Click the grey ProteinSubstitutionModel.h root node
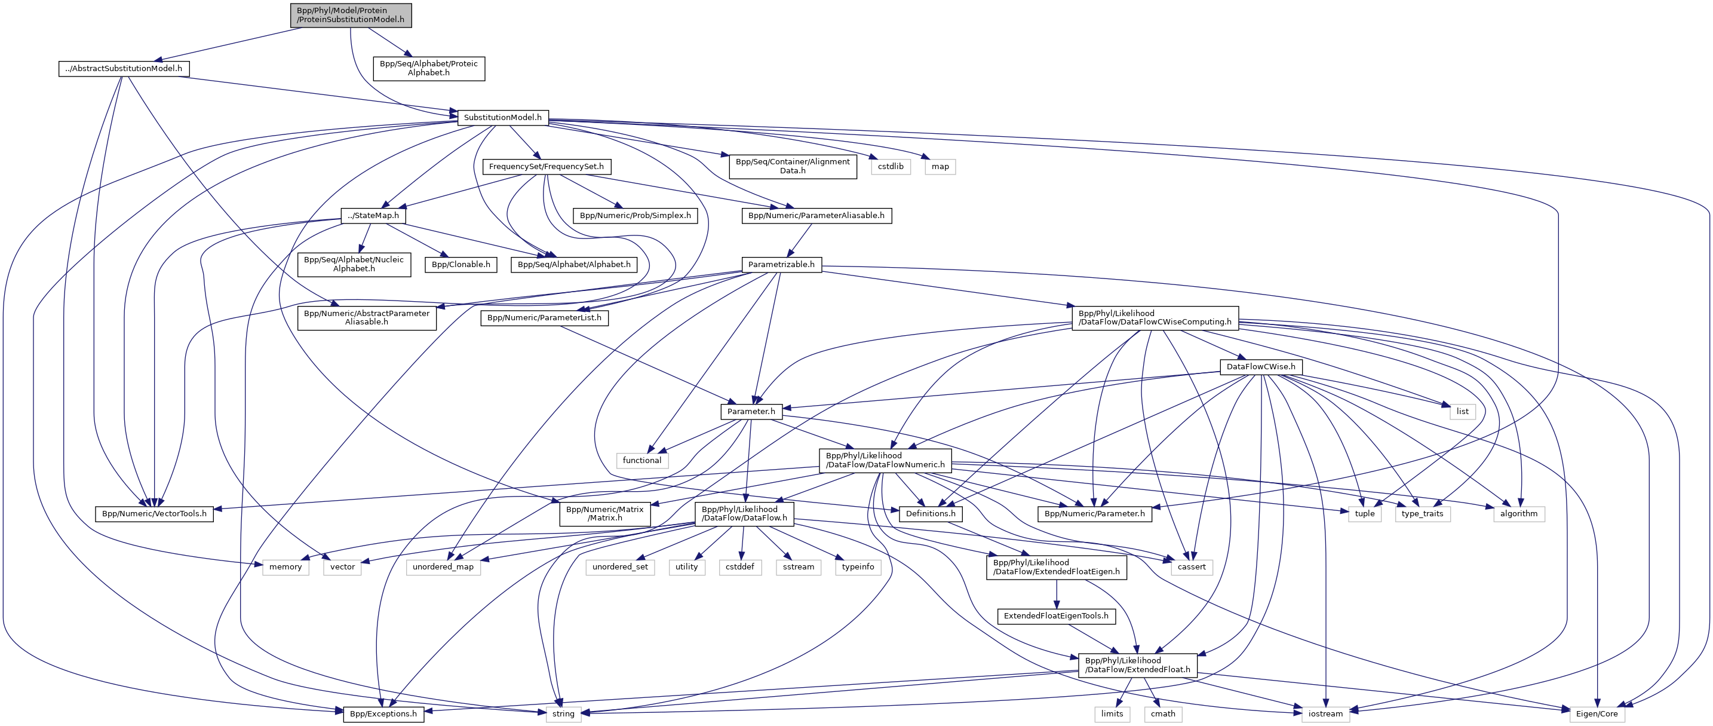351,16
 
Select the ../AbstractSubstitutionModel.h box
124,69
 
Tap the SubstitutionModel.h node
503,118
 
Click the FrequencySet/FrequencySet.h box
546,166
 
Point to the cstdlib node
891,166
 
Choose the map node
940,166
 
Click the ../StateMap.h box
373,216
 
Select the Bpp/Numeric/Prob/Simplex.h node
635,216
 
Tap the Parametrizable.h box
781,264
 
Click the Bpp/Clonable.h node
461,264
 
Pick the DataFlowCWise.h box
1261,367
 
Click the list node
1462,411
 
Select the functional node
641,461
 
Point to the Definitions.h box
931,514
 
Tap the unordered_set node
620,567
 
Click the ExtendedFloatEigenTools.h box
1056,616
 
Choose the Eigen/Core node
1597,714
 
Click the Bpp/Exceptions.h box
383,714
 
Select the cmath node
1163,714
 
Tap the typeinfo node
858,567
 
